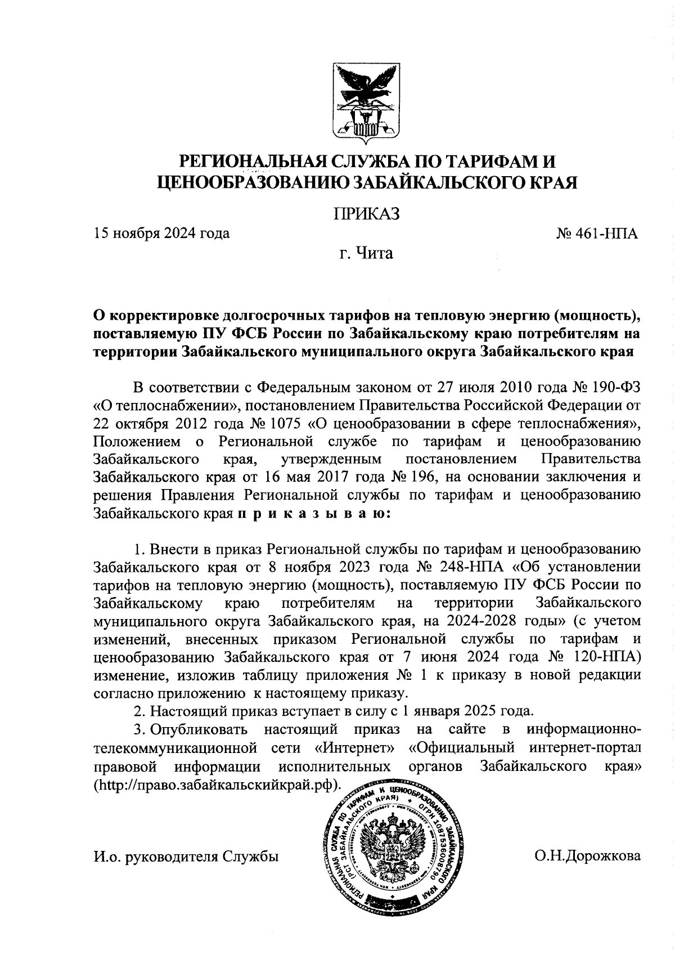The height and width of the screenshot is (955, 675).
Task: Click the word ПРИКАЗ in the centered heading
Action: pyautogui.click(x=366, y=213)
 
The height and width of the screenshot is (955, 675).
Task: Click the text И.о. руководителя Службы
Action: pyautogui.click(x=186, y=856)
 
